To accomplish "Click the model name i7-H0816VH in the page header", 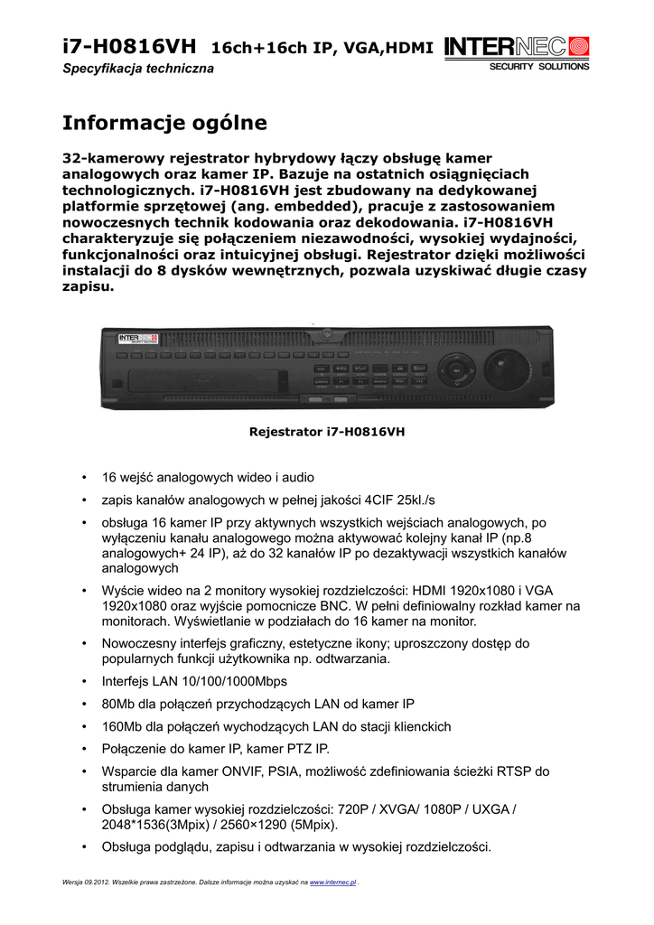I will coord(128,46).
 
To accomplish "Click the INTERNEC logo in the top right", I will coord(517,46).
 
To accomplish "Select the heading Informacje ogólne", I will coord(164,122).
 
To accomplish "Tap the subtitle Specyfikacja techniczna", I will coord(137,70).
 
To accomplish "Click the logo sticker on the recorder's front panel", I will coord(138,341).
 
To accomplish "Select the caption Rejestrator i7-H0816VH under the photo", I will coord(327,432).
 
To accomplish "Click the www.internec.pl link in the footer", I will coord(333,881).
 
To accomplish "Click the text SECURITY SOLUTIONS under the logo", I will coord(538,67).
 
